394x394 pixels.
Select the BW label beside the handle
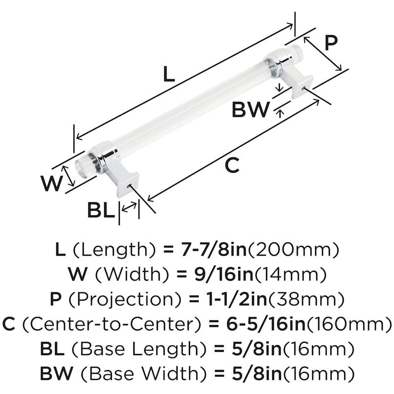(250, 110)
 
